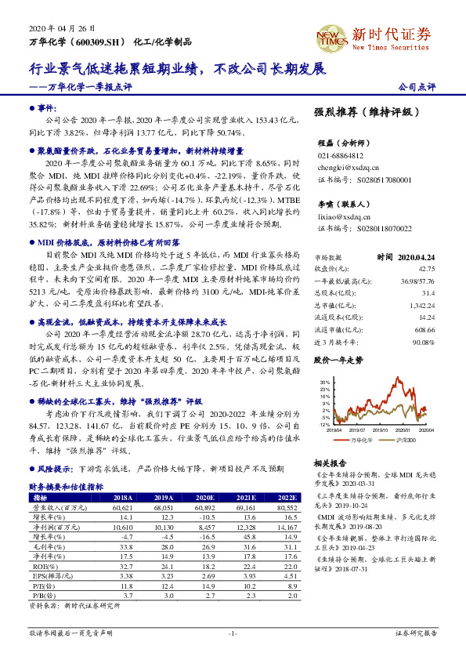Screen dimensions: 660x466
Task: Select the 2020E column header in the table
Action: tap(204, 496)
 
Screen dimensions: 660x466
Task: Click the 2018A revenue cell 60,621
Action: tap(124, 506)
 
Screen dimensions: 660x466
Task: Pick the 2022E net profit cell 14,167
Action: tap(287, 528)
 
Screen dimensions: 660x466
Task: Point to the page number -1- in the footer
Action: tap(233, 632)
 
